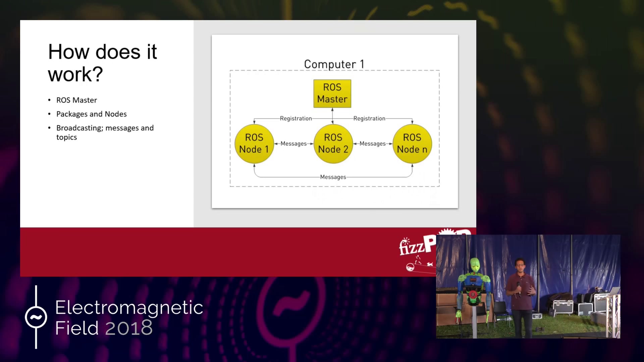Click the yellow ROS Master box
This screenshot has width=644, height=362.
click(x=332, y=94)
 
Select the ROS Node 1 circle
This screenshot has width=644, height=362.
click(x=254, y=144)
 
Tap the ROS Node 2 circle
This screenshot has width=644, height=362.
click(x=333, y=144)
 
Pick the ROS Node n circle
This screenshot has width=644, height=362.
click(x=412, y=144)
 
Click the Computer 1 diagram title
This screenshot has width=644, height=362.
click(x=334, y=64)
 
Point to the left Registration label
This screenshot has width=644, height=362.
click(x=296, y=119)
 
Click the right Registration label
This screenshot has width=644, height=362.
click(x=369, y=119)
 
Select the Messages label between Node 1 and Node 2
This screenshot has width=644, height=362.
click(x=293, y=144)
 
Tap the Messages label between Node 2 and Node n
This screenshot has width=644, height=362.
click(x=373, y=144)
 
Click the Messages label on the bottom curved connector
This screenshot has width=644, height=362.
click(x=333, y=177)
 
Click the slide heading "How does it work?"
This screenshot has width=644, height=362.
click(x=102, y=63)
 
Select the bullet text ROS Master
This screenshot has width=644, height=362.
click(x=76, y=100)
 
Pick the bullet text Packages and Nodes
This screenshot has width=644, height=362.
click(x=92, y=114)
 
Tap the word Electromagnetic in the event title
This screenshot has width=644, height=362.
click(x=129, y=308)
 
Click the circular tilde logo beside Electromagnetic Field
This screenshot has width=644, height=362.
click(x=36, y=317)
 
